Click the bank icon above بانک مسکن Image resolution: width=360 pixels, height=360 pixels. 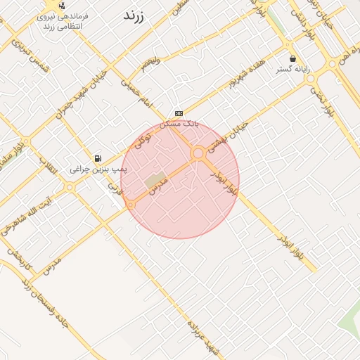[179, 112]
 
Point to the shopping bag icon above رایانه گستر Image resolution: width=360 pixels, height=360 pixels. [293, 58]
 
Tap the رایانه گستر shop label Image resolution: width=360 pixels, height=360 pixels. [293, 69]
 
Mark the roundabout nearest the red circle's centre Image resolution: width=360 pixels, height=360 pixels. [198, 153]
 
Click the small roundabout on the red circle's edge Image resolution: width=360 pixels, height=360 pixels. [131, 205]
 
